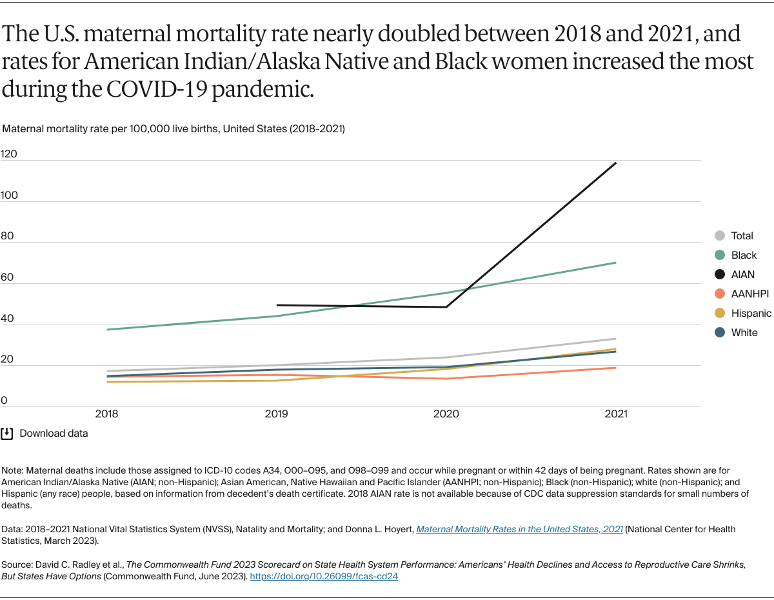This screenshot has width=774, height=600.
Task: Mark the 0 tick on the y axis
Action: pos(4,401)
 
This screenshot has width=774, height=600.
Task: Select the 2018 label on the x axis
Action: pos(106,414)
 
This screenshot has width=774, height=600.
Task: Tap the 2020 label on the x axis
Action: pos(446,414)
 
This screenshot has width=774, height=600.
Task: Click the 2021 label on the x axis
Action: pos(616,414)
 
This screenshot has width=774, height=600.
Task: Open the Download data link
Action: pos(54,434)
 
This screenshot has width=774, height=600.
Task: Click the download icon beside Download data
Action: pos(7,434)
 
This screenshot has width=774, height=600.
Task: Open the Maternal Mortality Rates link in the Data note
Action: pos(519,529)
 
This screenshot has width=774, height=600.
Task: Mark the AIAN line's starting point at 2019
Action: pos(277,305)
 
